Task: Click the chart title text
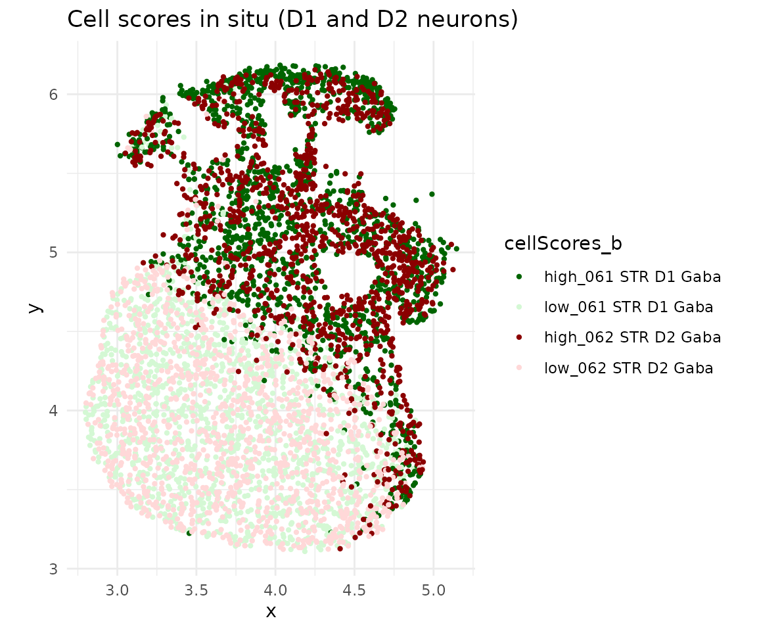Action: point(293,20)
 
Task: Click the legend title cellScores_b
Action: point(563,244)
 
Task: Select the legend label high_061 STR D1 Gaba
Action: point(632,277)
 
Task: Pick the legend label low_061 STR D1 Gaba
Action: point(628,307)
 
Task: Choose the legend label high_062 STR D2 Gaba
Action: point(632,337)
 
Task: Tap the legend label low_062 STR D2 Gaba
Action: point(628,368)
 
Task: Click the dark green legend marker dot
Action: point(520,277)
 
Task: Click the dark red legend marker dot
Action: point(520,337)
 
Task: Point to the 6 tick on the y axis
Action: point(53,94)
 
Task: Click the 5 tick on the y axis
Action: point(53,252)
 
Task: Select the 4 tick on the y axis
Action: point(53,411)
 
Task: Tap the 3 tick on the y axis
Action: point(53,569)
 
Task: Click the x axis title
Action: point(271,611)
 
